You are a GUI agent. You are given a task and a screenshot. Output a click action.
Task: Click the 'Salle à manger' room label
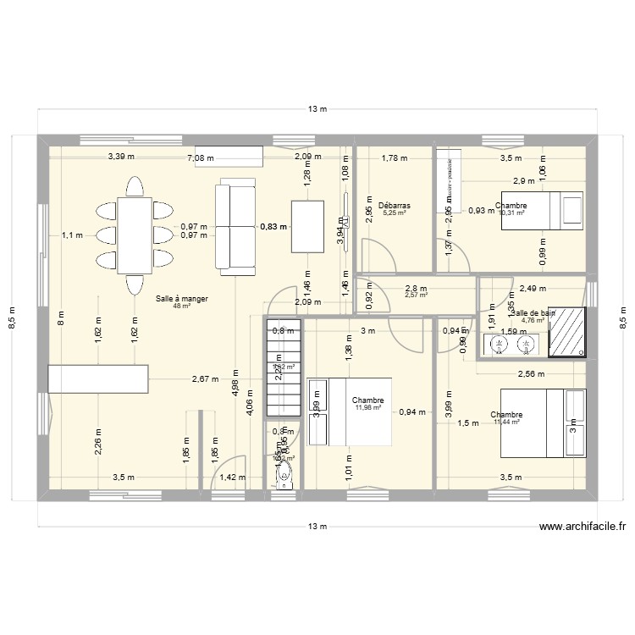(182, 299)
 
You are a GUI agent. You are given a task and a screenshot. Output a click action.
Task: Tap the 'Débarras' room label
(395, 206)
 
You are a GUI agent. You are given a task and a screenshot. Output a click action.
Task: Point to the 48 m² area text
(182, 306)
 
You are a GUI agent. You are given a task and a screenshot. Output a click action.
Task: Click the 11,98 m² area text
(368, 408)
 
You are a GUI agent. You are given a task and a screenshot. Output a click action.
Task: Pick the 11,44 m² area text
(512, 422)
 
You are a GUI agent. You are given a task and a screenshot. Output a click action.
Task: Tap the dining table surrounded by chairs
(135, 235)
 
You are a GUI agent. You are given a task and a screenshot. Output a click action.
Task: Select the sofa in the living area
(235, 227)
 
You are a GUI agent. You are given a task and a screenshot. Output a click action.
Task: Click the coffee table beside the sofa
(307, 226)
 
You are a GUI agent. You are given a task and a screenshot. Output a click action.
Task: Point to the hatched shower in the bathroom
(566, 330)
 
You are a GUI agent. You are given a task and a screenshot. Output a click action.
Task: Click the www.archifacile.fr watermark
(583, 526)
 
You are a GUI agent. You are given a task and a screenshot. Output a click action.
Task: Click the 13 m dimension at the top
(317, 109)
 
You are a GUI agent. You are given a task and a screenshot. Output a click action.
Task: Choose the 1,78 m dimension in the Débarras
(395, 157)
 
